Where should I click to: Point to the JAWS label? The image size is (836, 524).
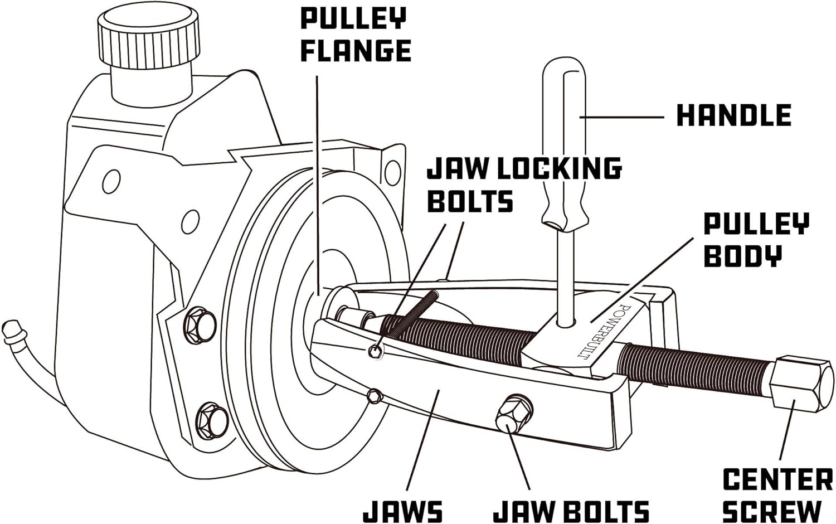tap(403, 511)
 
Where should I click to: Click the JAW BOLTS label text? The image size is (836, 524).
tap(571, 511)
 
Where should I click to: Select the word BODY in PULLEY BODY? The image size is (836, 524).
tap(743, 256)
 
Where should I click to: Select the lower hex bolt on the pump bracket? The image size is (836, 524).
tap(211, 421)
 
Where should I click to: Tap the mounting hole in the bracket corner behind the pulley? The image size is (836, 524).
tap(392, 173)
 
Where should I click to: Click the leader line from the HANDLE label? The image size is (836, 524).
tap(621, 117)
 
